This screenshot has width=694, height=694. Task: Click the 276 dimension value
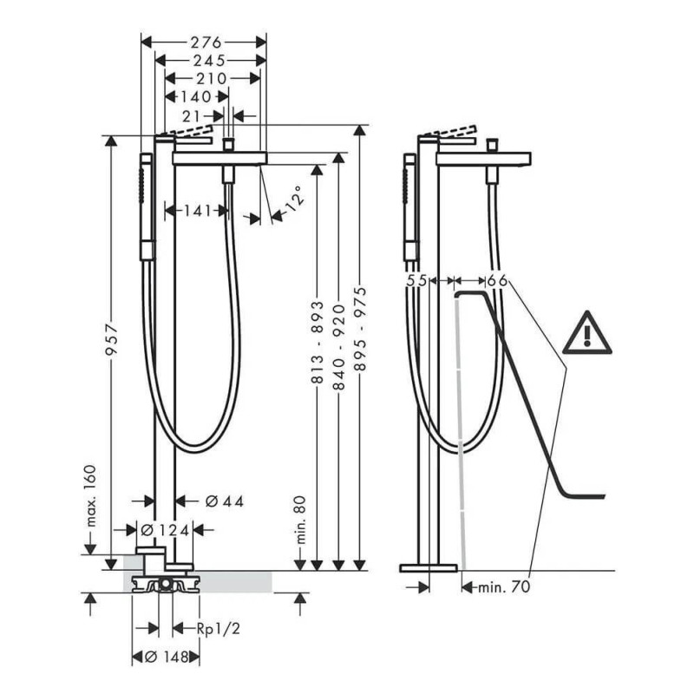coord(206,43)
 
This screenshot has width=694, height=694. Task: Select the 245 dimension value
coord(209,60)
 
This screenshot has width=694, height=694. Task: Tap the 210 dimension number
coord(212,78)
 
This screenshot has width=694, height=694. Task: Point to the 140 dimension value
coord(196,96)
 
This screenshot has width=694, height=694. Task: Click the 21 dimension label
coord(192,116)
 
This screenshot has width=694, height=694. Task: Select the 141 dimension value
coord(198,211)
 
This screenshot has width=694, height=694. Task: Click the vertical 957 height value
coord(112,339)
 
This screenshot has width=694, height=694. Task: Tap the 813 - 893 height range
coord(318,341)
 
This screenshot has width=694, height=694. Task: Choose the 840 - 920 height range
coord(338,346)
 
